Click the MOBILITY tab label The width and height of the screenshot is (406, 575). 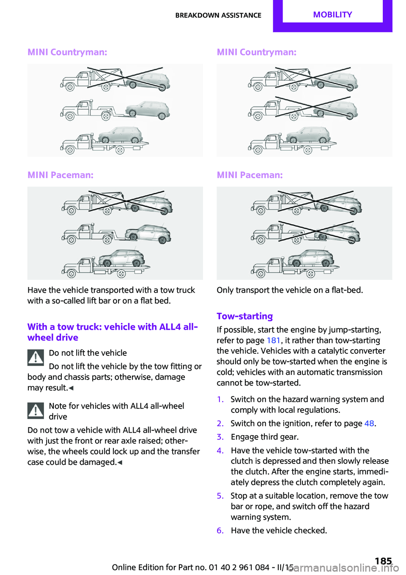point(332,15)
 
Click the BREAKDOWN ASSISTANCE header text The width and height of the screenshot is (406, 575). point(218,15)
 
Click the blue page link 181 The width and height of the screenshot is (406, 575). point(274,340)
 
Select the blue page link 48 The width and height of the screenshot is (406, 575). point(369,423)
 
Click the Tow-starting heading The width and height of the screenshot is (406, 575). point(244,316)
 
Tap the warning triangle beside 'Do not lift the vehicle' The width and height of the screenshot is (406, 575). point(36,358)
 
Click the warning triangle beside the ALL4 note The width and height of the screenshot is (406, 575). point(36,410)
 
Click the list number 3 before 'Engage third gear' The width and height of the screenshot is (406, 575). point(220,437)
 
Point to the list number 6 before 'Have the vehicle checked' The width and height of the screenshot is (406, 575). point(220,530)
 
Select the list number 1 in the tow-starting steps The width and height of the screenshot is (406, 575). point(220,399)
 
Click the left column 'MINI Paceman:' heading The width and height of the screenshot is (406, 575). point(60,175)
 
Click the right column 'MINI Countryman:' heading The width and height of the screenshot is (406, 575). point(257,52)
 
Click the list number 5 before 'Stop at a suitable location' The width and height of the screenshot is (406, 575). point(220,496)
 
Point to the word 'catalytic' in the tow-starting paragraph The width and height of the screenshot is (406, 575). point(334,351)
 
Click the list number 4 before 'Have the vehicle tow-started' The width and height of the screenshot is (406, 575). point(220,450)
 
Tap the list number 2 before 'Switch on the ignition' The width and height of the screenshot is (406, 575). point(220,423)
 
